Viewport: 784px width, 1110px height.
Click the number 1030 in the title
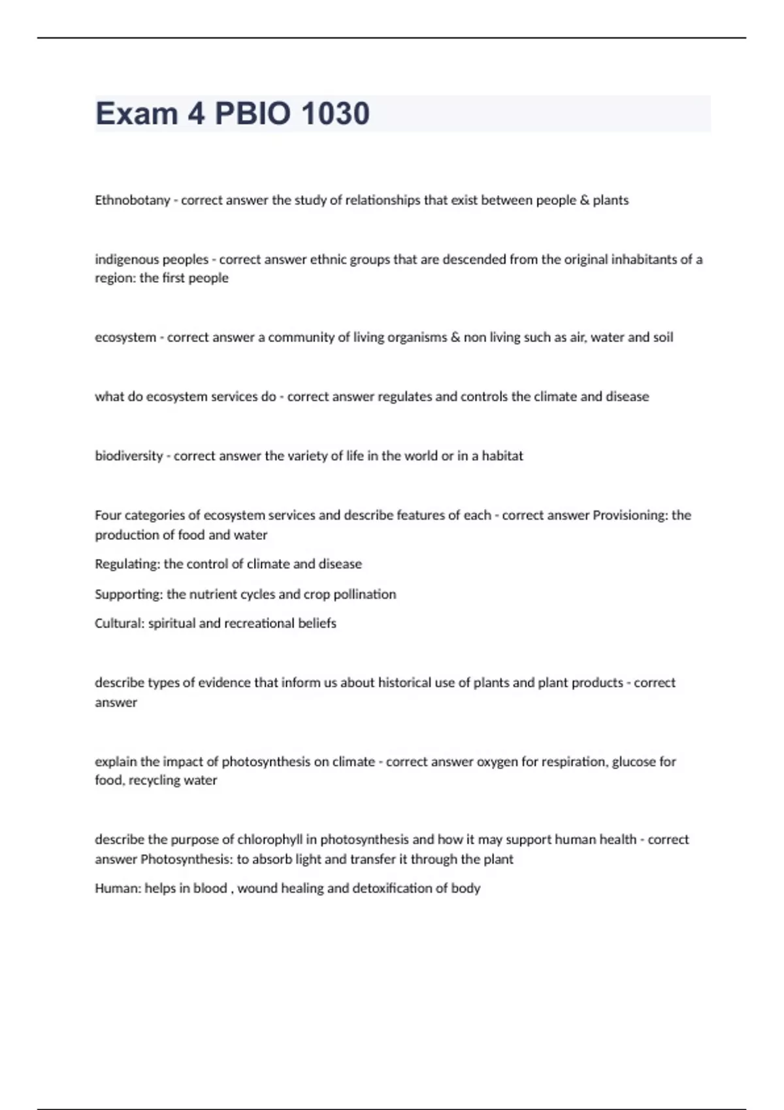tap(335, 114)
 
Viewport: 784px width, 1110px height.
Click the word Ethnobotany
tap(132, 200)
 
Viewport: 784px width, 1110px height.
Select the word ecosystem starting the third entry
tap(125, 338)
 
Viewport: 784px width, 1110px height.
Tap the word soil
tap(663, 338)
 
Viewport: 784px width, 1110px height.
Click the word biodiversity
tap(129, 456)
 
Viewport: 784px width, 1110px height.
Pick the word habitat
tap(502, 456)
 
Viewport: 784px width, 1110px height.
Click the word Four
tap(108, 515)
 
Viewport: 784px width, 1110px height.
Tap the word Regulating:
tap(127, 564)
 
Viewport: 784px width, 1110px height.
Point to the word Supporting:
tap(129, 594)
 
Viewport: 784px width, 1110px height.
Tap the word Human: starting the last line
tap(118, 889)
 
